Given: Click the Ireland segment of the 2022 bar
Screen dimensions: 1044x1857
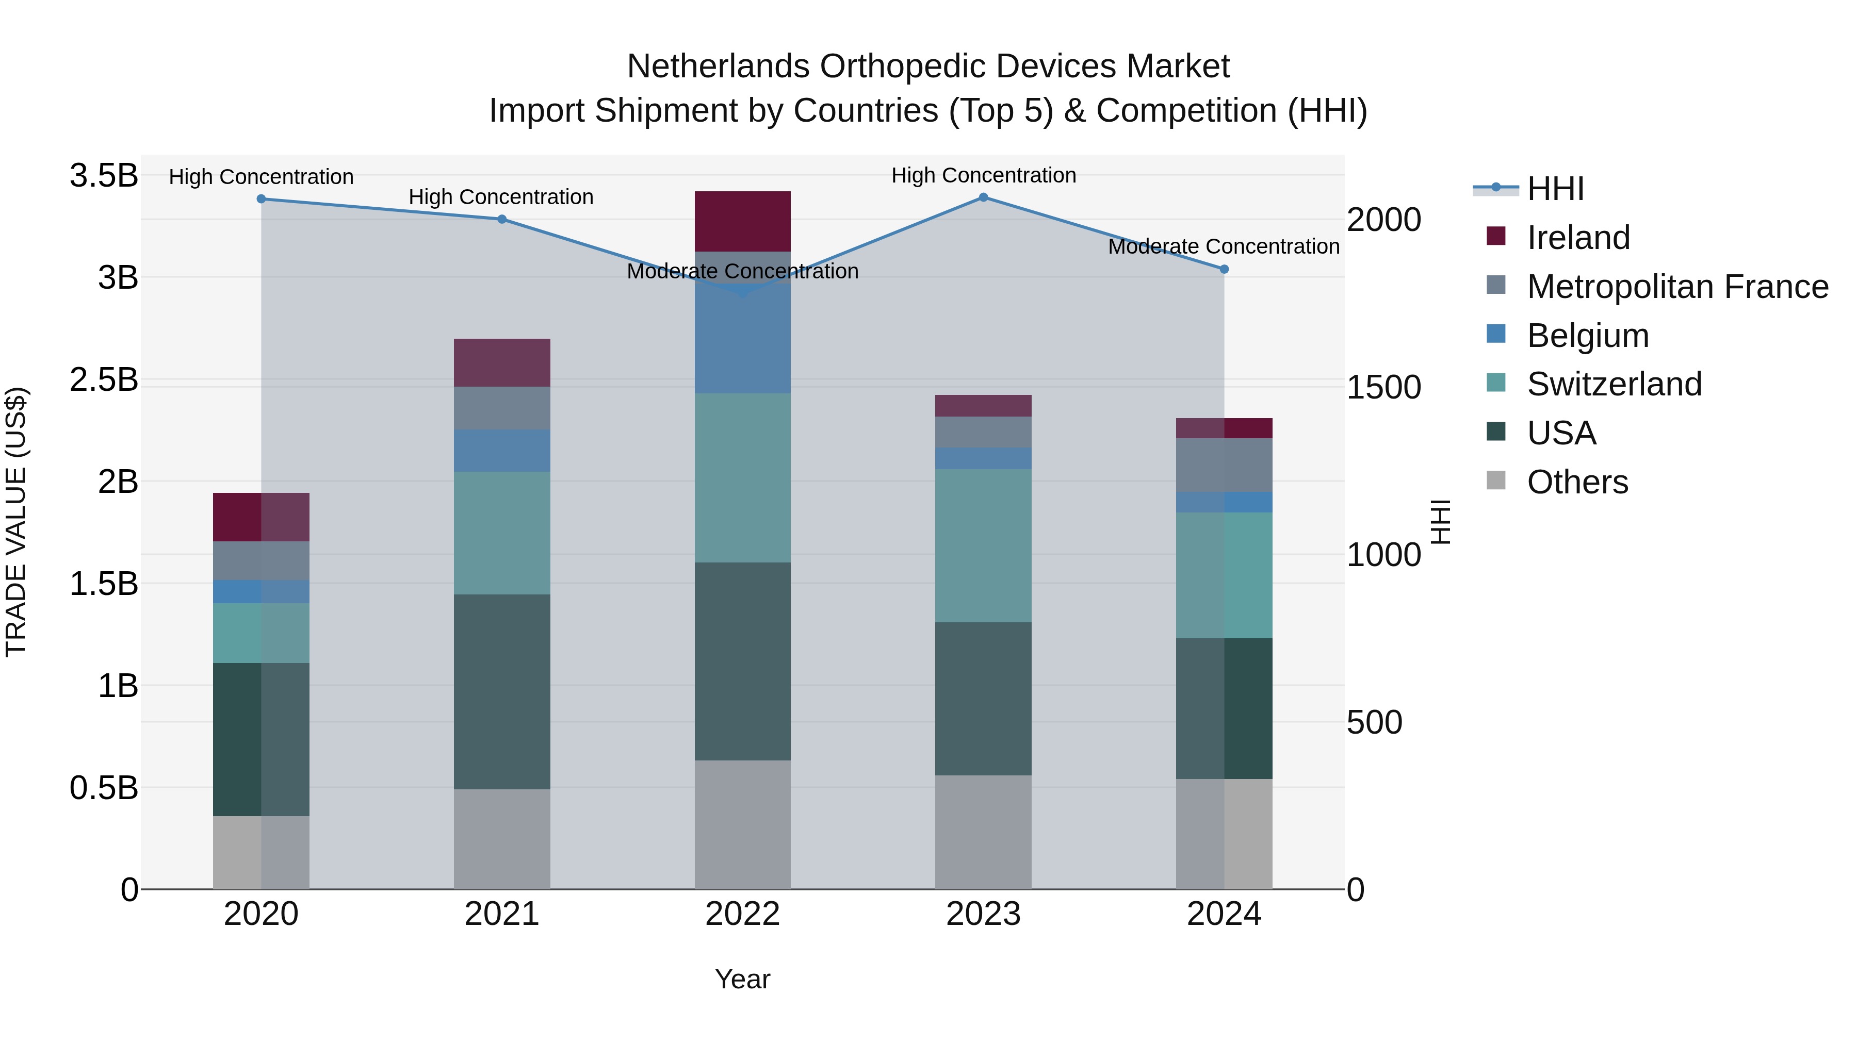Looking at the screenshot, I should point(742,221).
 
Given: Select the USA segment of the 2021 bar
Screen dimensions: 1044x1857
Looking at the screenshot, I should point(502,692).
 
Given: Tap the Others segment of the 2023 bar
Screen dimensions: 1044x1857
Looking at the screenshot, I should point(983,832).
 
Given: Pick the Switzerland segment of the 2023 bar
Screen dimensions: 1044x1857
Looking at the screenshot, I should point(983,545).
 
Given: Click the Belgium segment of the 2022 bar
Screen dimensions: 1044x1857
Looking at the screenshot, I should point(742,339).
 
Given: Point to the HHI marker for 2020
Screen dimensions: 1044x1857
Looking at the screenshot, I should point(261,199).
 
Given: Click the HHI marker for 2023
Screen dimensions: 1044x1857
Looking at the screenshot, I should point(983,197).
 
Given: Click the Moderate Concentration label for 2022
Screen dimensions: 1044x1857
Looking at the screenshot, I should point(742,272).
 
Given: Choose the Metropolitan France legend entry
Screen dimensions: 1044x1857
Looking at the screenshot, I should point(1677,287).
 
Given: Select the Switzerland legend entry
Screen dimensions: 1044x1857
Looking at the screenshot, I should point(1614,384).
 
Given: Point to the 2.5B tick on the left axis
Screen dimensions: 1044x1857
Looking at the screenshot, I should point(103,379).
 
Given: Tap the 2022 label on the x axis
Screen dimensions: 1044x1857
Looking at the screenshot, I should point(742,914).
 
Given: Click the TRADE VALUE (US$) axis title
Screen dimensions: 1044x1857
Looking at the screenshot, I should point(16,522).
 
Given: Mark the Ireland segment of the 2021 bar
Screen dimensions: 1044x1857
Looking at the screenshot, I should point(502,362).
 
